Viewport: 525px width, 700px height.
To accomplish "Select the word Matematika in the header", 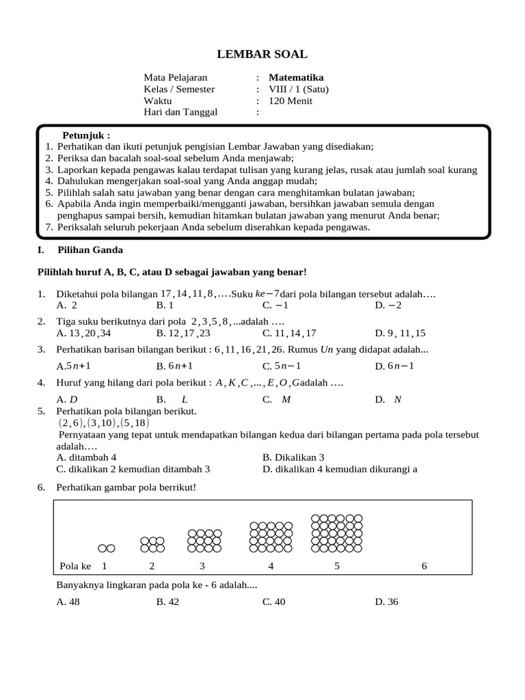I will click(296, 78).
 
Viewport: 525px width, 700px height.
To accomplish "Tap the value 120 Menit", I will click(291, 101).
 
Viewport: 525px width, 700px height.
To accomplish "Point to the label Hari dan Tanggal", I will click(180, 113).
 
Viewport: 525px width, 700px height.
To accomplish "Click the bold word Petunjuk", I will click(86, 135).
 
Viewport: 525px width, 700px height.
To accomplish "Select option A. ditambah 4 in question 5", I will click(87, 457).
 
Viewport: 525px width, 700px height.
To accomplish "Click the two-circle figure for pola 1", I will click(106, 548).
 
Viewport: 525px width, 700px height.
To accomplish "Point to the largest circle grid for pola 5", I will click(337, 533).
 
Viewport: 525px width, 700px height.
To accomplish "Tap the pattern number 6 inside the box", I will click(424, 566).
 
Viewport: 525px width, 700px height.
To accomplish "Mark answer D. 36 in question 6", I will click(386, 602).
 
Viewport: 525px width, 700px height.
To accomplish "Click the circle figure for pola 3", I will click(204, 540).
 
